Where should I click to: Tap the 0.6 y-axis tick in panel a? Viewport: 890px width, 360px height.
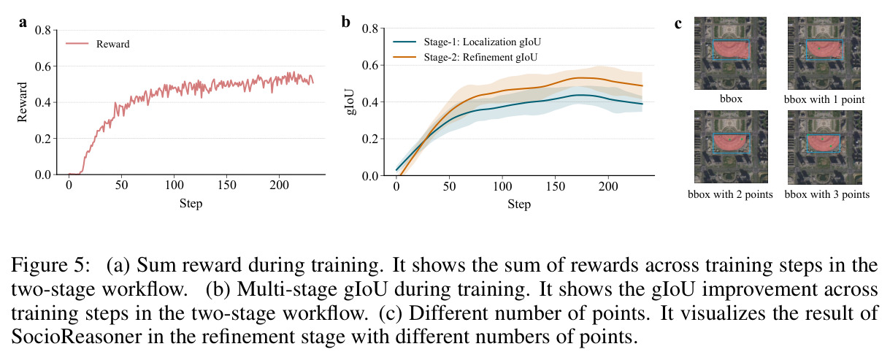click(43, 66)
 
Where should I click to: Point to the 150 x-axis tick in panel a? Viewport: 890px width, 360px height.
click(227, 185)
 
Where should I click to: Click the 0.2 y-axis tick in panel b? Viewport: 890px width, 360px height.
click(370, 139)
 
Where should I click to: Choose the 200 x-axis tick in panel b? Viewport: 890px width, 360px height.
click(608, 186)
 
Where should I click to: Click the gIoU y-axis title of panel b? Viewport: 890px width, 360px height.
click(350, 102)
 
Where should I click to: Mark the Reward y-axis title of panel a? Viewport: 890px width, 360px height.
click(22, 102)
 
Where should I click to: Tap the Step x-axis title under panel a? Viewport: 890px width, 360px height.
click(191, 204)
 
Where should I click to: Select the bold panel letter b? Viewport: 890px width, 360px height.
click(345, 22)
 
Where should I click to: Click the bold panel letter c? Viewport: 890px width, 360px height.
click(678, 24)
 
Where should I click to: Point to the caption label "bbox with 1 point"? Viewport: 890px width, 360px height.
click(824, 99)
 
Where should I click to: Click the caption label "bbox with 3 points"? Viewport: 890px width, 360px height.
click(827, 194)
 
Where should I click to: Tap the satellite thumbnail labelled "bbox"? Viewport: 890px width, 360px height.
click(730, 53)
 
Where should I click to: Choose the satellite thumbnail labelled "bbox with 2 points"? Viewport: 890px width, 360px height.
click(731, 147)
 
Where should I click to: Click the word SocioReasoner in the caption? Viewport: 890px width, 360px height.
click(76, 337)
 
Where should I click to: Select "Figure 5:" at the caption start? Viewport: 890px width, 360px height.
click(51, 265)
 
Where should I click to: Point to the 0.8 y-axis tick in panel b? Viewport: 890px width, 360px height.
click(370, 28)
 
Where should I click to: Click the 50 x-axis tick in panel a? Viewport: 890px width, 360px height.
click(122, 185)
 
